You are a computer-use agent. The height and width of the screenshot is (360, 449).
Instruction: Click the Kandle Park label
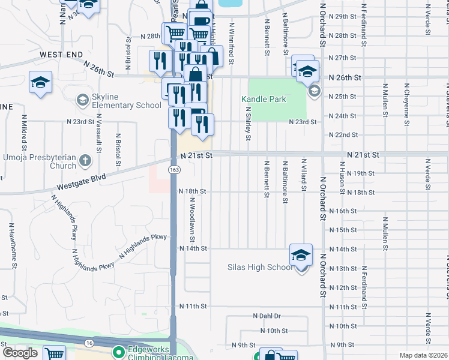(264, 99)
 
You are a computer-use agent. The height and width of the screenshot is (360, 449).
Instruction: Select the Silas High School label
(260, 268)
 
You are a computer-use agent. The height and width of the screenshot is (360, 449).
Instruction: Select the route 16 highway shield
(89, 342)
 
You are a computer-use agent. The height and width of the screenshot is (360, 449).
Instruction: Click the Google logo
(20, 353)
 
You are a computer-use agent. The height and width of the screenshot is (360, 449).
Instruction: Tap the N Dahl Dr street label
(267, 316)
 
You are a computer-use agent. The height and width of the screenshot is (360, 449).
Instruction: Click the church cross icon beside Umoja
(85, 160)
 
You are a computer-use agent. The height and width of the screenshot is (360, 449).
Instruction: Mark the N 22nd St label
(343, 135)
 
